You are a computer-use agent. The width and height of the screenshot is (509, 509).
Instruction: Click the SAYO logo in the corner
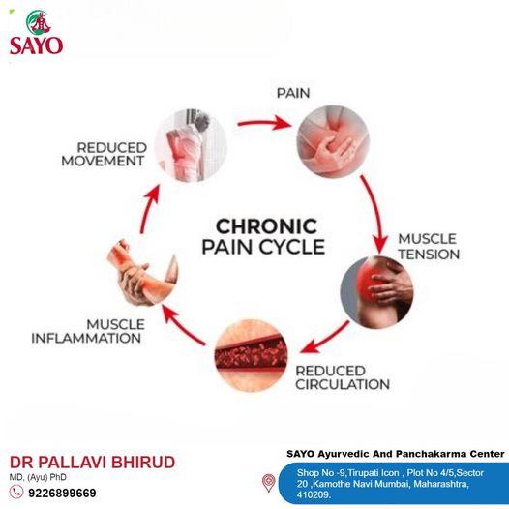click(37, 32)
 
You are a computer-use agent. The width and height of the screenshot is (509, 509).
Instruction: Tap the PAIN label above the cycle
click(293, 93)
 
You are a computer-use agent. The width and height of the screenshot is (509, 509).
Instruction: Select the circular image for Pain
click(333, 141)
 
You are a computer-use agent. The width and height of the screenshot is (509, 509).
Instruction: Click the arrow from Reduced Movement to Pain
click(263, 124)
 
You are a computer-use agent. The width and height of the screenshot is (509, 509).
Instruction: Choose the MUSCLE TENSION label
click(429, 247)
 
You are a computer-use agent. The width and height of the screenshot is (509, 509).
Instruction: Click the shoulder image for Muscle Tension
click(376, 292)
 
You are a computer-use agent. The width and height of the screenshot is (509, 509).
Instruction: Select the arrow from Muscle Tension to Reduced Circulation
click(324, 338)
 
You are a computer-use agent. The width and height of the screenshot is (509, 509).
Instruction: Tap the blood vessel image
click(251, 355)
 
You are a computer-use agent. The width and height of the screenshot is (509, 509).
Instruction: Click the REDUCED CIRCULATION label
click(343, 377)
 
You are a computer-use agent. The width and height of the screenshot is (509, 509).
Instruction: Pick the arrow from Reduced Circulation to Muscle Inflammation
click(184, 325)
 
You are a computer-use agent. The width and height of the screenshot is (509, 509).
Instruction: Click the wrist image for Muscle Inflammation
click(143, 272)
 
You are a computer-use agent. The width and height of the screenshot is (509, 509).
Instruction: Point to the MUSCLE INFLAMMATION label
click(88, 331)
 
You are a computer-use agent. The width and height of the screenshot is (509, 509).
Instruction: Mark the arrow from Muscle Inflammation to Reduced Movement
click(149, 208)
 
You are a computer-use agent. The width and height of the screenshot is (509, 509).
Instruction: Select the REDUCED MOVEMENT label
click(104, 154)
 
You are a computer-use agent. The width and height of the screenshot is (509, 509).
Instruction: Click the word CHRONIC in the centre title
click(266, 226)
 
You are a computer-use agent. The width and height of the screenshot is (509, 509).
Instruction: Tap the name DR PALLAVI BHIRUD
click(93, 463)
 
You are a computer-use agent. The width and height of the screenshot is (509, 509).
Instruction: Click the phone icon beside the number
click(15, 492)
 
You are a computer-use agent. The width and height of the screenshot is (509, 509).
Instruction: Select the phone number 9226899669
click(62, 493)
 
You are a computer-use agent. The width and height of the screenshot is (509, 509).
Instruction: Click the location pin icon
click(269, 483)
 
